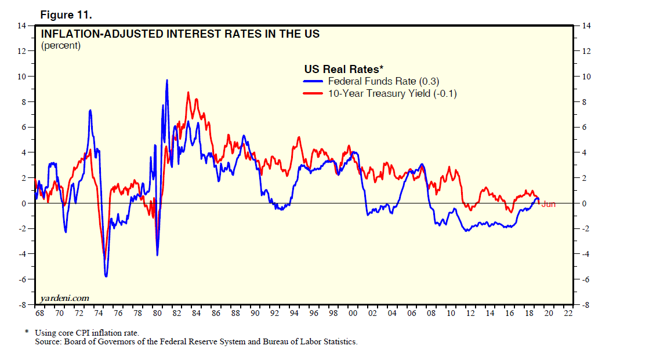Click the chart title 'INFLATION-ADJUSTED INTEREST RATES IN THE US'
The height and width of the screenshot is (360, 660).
tap(180, 34)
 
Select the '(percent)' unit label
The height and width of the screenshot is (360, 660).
tap(61, 46)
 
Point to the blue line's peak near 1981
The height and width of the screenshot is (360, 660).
tap(167, 81)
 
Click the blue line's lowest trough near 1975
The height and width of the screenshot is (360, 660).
tap(106, 276)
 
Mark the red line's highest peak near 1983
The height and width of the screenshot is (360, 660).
tap(188, 92)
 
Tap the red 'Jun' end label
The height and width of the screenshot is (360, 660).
tap(548, 204)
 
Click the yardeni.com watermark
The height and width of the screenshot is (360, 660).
tap(64, 298)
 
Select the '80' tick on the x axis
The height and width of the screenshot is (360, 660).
tap(157, 314)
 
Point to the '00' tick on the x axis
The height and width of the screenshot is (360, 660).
tap(353, 314)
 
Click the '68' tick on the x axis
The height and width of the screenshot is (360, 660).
tap(40, 314)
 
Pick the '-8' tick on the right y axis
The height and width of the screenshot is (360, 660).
tap(585, 304)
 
